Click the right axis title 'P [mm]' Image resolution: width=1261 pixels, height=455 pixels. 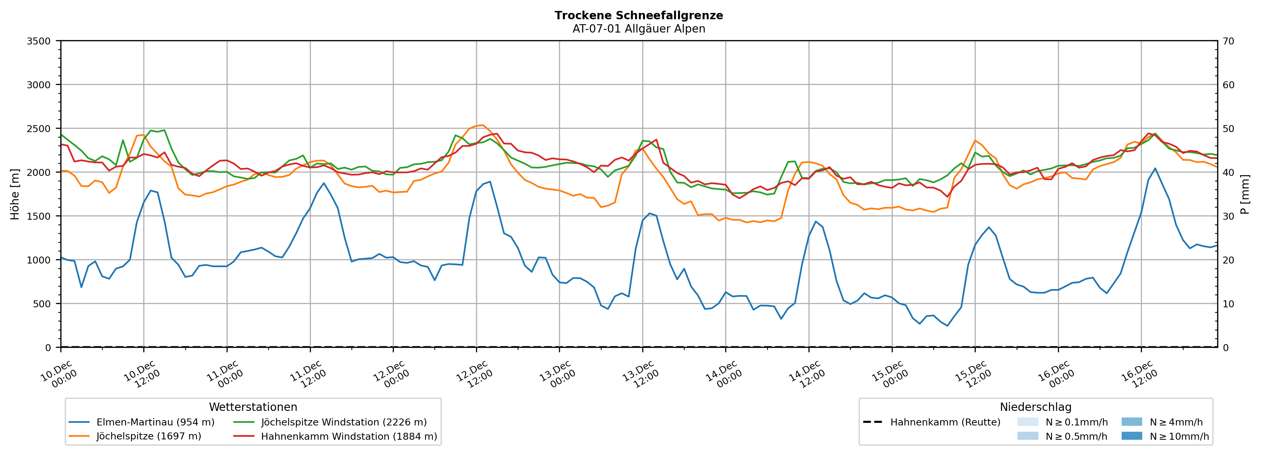click(x=1245, y=194)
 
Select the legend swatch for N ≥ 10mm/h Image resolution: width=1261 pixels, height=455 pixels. click(x=1132, y=436)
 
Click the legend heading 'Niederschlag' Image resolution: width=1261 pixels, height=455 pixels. click(x=1035, y=407)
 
